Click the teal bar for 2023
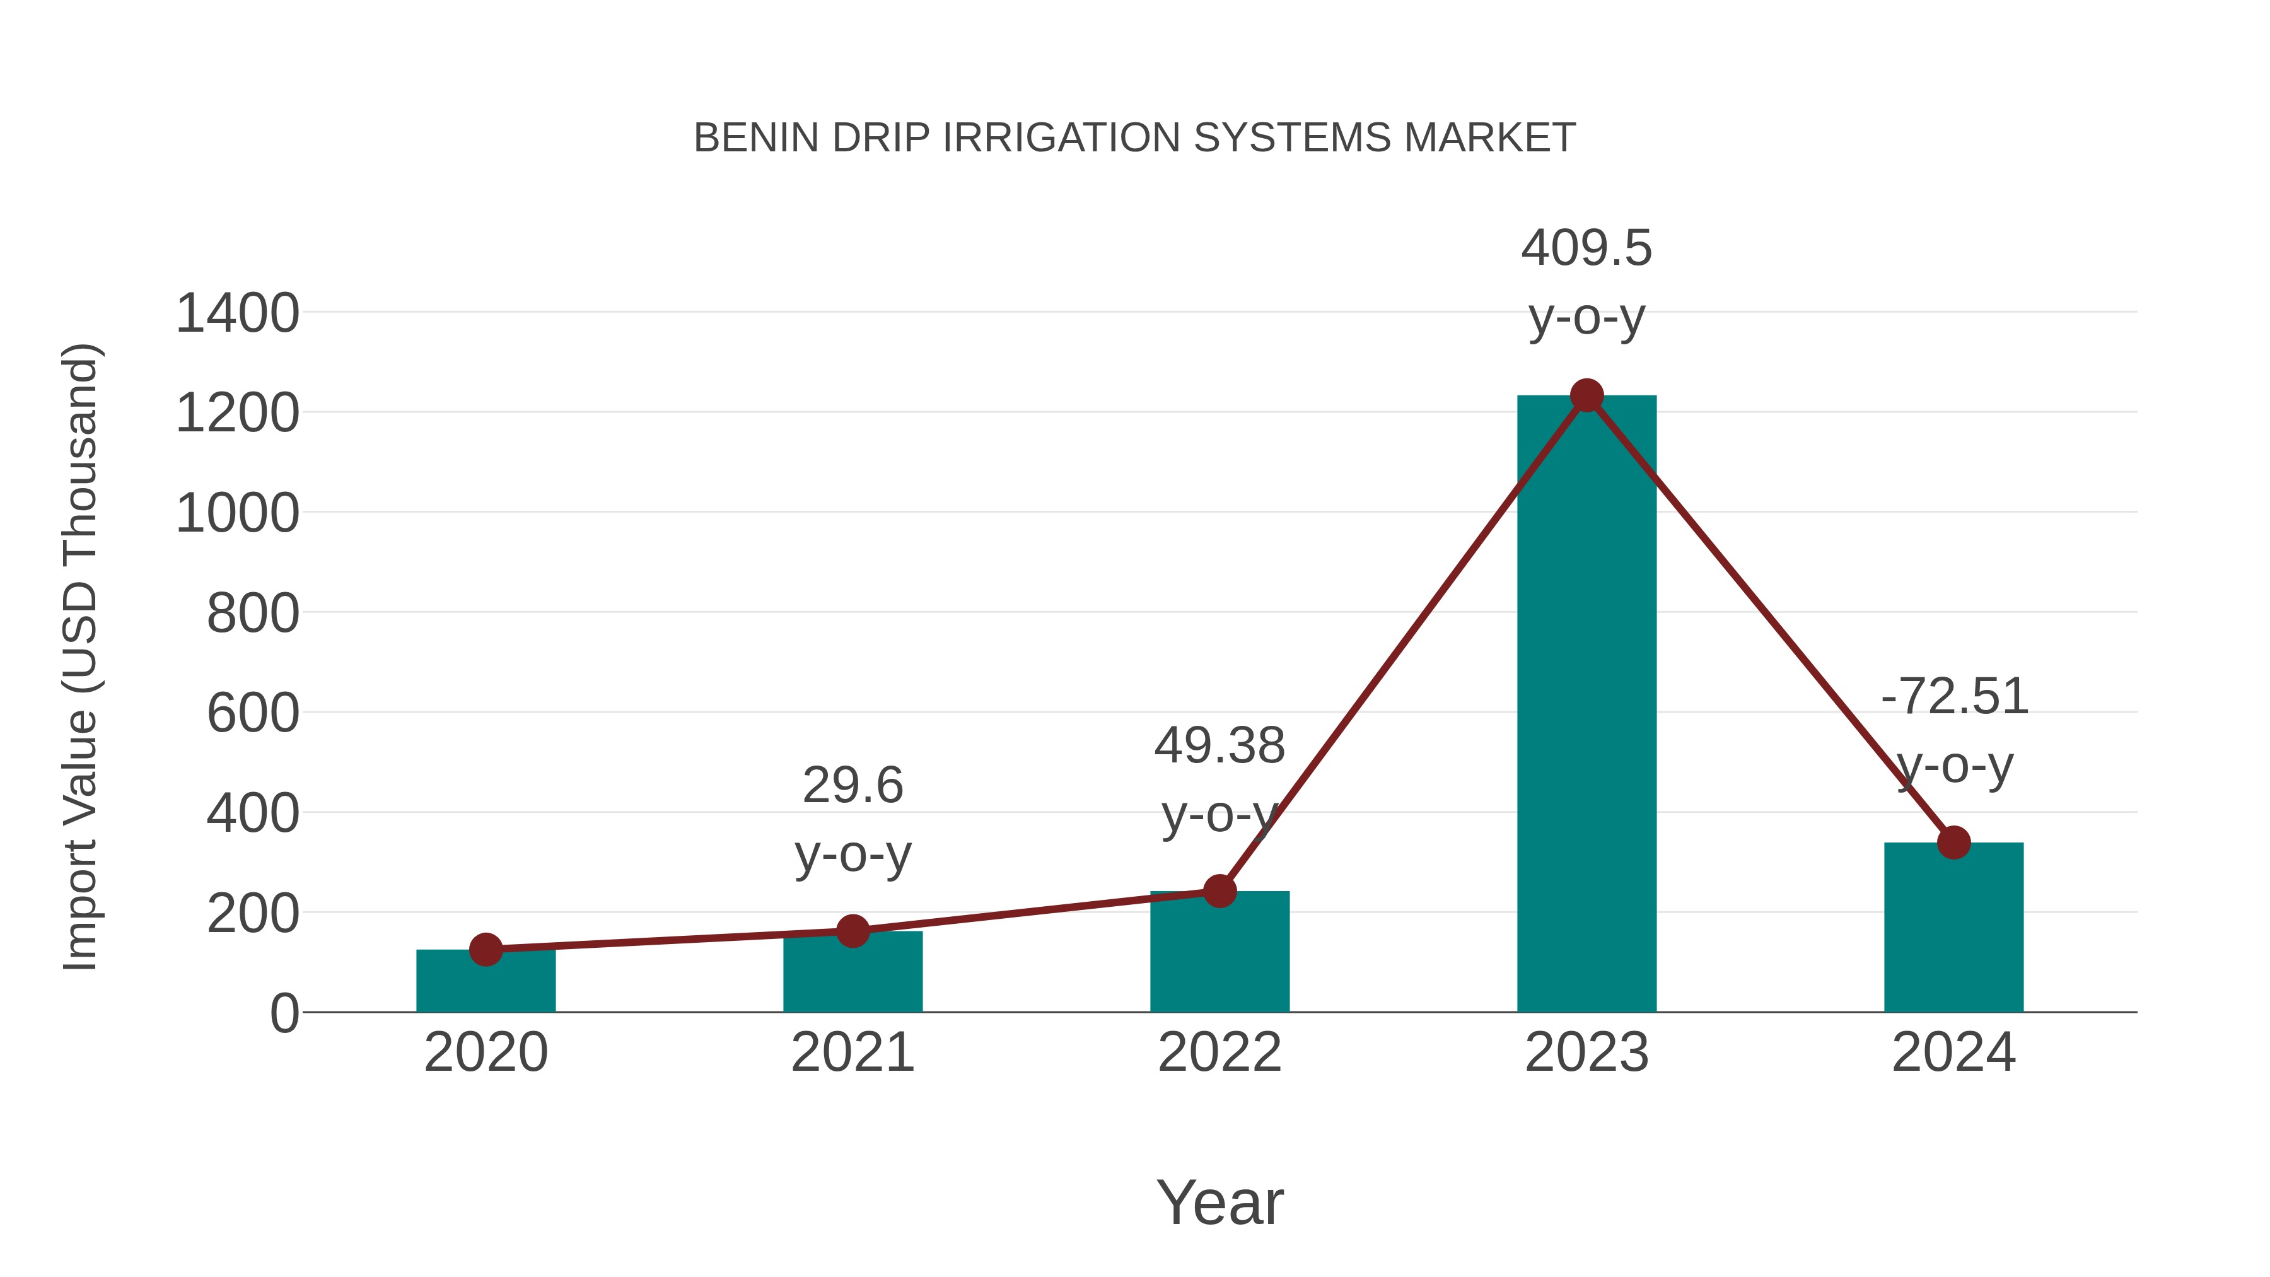point(1586,705)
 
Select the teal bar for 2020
point(486,982)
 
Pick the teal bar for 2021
point(852,973)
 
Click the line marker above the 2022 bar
point(1219,891)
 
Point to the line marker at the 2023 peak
point(1586,395)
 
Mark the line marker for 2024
point(1953,843)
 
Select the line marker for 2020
point(486,949)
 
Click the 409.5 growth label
point(1586,248)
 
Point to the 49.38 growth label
point(1219,747)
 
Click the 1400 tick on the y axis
point(237,314)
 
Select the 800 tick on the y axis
point(252,614)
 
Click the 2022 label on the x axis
point(1219,1053)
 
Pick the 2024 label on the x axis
point(1953,1053)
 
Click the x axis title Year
point(1219,1203)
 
